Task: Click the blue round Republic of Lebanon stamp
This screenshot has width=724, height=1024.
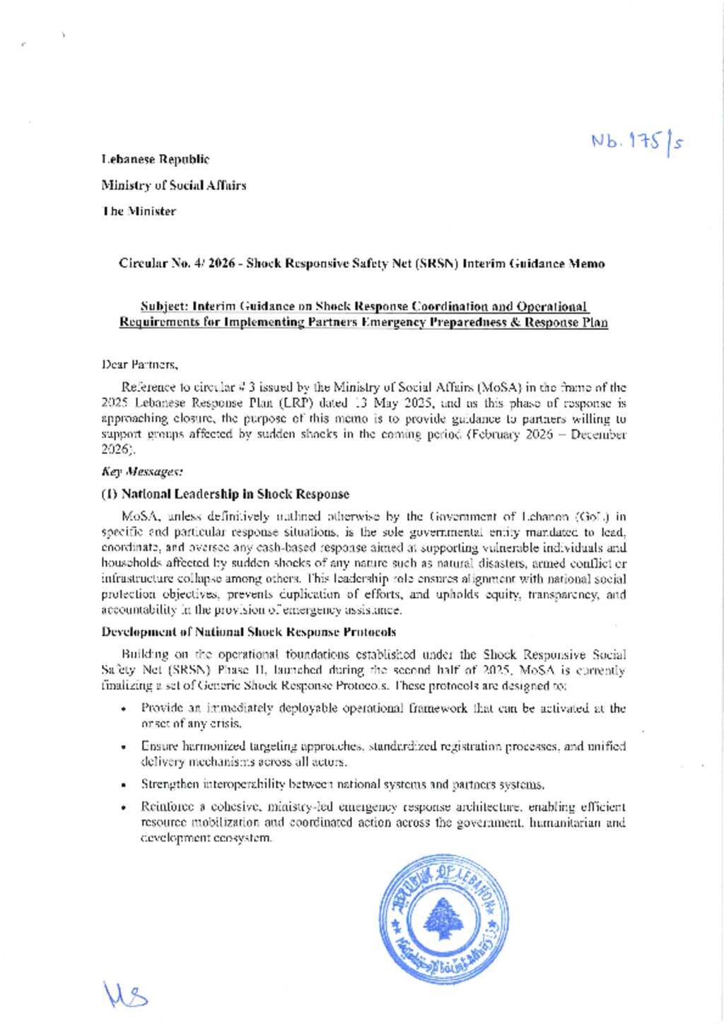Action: click(x=443, y=918)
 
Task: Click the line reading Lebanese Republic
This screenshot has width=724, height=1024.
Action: click(x=156, y=160)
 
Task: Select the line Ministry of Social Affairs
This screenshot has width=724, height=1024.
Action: click(x=174, y=185)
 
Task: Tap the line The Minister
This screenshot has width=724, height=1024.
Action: click(x=139, y=211)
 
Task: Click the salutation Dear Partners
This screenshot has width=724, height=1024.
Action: click(x=140, y=365)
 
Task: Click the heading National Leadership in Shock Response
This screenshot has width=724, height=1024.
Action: click(x=226, y=494)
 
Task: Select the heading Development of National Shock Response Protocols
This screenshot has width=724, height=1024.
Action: click(x=248, y=632)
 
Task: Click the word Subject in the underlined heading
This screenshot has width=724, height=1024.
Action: click(x=163, y=307)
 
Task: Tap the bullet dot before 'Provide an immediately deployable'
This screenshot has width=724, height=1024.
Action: click(x=124, y=709)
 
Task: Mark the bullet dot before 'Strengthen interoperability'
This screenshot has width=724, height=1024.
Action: click(x=124, y=785)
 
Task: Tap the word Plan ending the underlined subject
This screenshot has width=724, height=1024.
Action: click(x=593, y=322)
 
